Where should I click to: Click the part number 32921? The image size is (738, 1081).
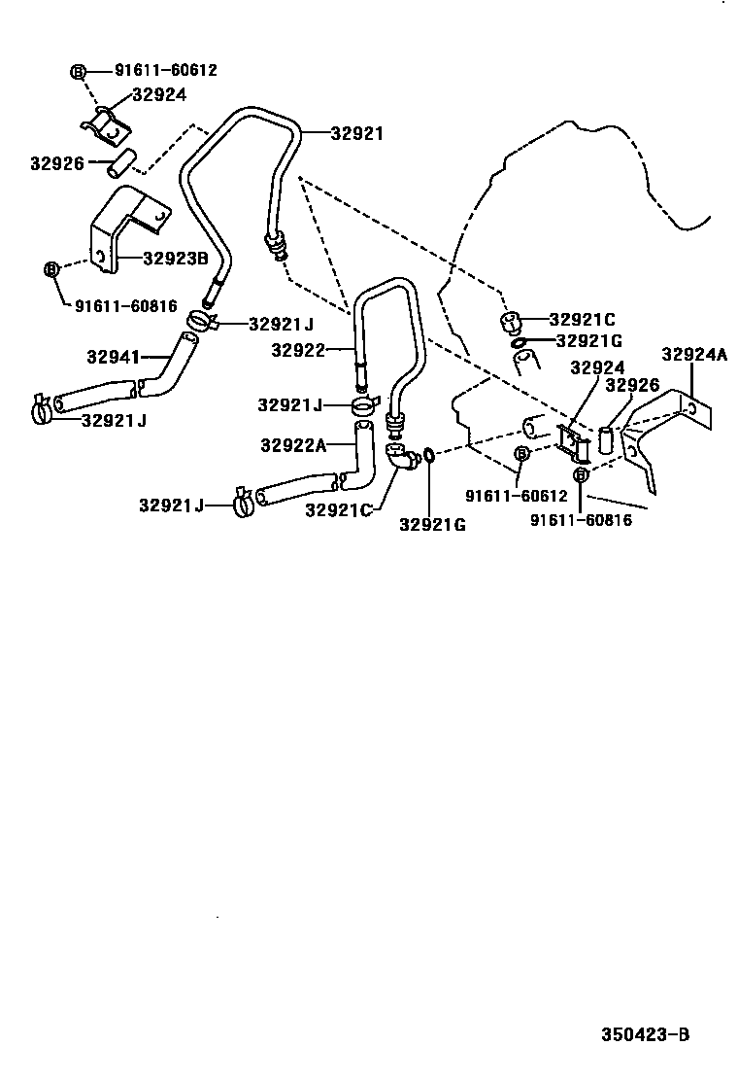point(356,133)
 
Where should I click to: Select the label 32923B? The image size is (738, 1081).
point(176,259)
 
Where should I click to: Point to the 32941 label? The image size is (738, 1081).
point(115,357)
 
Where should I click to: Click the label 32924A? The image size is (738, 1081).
point(694,354)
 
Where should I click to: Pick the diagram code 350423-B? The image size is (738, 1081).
point(644,1035)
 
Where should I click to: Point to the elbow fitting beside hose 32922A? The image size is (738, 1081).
point(399,456)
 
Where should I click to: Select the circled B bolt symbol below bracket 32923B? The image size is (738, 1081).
point(52,268)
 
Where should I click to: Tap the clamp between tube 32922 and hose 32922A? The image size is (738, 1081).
point(362,402)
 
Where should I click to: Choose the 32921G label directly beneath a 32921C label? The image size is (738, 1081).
point(588,340)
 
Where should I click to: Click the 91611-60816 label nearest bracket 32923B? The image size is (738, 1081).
point(126,306)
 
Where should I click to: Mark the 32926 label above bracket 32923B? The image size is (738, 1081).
point(54,164)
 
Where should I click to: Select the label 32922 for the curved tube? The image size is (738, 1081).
point(298,351)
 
